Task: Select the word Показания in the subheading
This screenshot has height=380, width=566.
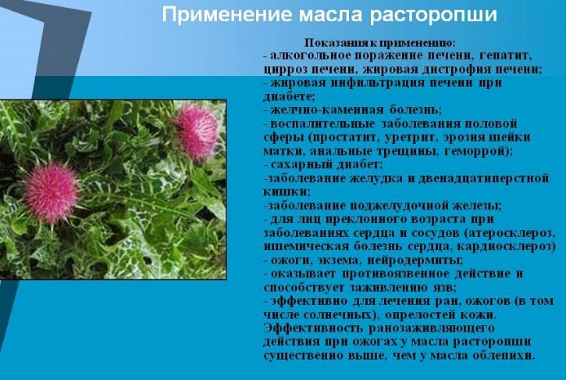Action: (331, 43)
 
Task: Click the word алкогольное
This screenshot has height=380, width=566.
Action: (311, 56)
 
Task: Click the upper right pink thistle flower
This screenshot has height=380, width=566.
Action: (197, 132)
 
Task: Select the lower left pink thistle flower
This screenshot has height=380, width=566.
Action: (51, 192)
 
